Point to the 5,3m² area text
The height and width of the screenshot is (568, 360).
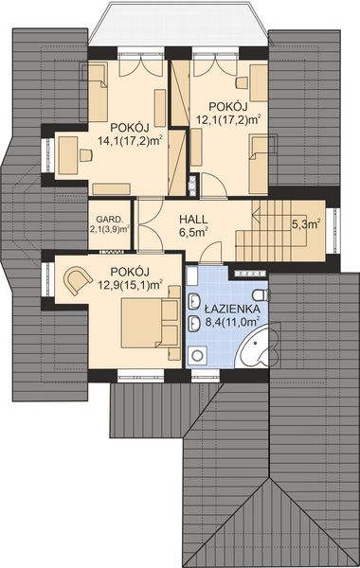tap(305, 224)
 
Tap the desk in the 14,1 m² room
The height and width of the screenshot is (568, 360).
tap(70, 154)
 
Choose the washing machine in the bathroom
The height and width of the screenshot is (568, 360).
tap(199, 355)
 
